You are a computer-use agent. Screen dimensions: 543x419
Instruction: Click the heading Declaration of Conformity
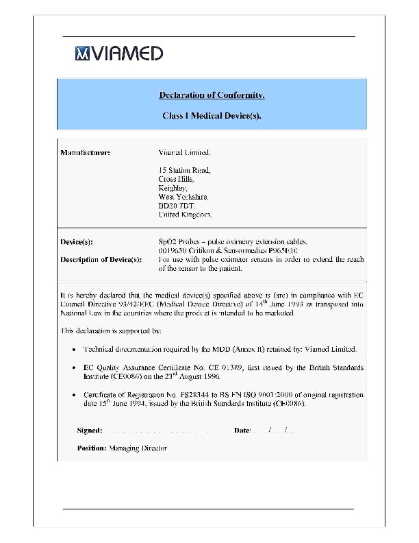(212, 94)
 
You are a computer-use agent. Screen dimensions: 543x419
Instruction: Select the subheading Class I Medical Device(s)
(212, 116)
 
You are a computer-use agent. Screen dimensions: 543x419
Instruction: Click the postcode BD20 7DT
(177, 206)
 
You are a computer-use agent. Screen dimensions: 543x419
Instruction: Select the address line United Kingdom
(186, 215)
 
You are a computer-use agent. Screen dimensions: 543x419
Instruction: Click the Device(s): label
(77, 242)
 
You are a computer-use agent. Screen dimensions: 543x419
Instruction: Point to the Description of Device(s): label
(101, 260)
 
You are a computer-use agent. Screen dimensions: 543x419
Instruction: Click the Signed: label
(90, 431)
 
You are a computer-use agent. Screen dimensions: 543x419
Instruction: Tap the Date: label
(243, 431)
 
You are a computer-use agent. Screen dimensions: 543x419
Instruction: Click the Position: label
(92, 448)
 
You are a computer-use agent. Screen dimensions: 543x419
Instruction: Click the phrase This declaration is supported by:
(111, 330)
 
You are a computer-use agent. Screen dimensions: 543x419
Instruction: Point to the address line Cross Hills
(177, 179)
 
